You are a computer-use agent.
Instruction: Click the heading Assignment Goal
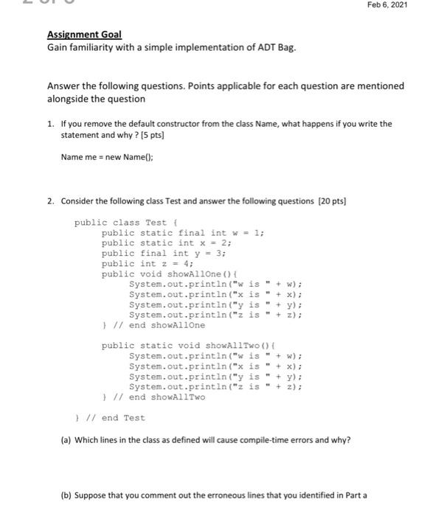[85, 35]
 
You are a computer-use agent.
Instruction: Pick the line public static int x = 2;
[166, 243]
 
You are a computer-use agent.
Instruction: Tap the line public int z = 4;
[148, 264]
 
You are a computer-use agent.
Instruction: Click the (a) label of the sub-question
[67, 440]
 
